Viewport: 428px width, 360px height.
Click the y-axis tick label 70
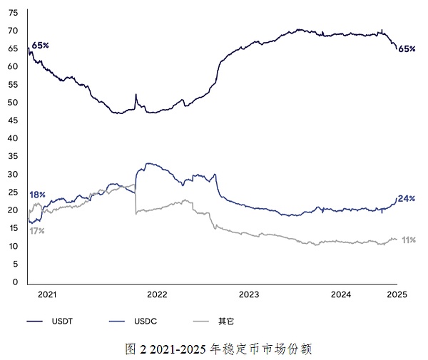tap(12, 31)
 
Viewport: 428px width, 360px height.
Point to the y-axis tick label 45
tap(12, 120)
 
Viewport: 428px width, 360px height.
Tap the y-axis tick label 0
tap(14, 282)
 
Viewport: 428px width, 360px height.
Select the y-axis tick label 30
tap(12, 174)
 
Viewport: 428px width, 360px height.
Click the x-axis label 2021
tap(46, 294)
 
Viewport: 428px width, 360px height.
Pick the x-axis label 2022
tap(156, 294)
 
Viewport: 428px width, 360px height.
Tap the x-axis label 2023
tap(249, 294)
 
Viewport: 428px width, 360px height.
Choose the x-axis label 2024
tap(342, 294)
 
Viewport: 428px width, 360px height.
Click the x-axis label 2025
tap(397, 294)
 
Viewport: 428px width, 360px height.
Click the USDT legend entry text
tap(61, 322)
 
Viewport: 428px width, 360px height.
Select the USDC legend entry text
tap(146, 322)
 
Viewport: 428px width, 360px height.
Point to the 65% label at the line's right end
tap(407, 48)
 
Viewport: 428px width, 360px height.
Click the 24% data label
tap(407, 198)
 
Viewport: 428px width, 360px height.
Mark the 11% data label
tap(408, 240)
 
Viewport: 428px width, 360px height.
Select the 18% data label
tap(37, 195)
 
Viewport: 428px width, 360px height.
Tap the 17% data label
tap(37, 230)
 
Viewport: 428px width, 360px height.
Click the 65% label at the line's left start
tap(40, 45)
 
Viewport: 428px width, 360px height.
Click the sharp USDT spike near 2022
tap(136, 95)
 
